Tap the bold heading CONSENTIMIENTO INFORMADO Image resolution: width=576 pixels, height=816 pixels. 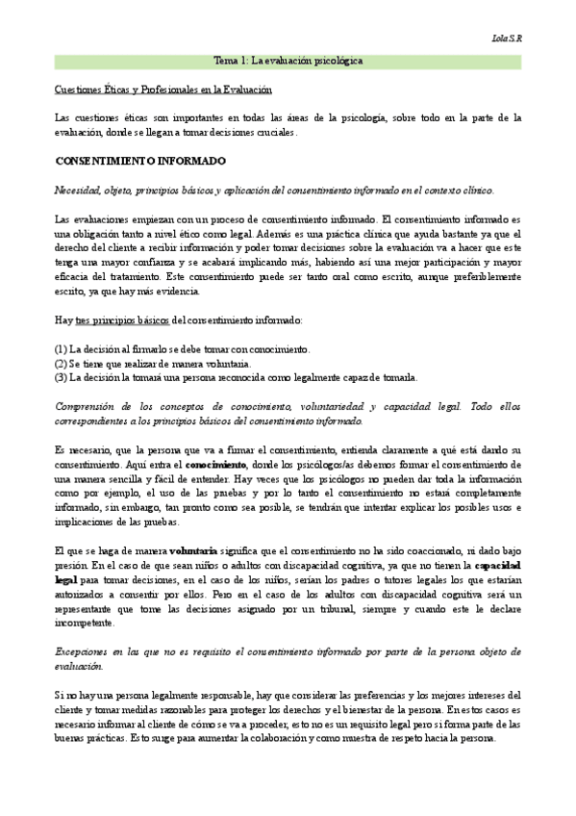tap(140, 160)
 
